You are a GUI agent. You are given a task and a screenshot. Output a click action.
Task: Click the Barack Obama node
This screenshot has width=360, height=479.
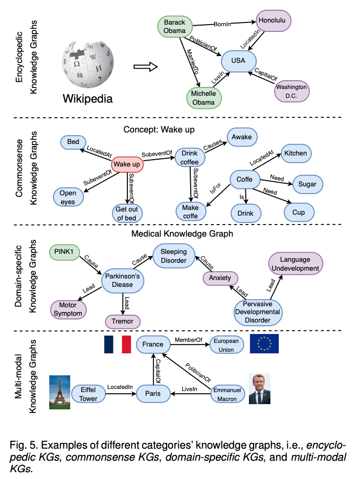175,27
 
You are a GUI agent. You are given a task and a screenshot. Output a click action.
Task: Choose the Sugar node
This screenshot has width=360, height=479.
308,184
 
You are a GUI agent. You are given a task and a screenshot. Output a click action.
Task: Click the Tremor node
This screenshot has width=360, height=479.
122,321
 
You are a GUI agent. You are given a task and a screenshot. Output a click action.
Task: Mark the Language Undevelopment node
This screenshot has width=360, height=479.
294,264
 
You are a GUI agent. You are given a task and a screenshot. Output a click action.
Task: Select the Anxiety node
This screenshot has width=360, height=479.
220,278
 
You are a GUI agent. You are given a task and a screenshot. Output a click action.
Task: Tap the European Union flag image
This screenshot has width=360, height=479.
264,344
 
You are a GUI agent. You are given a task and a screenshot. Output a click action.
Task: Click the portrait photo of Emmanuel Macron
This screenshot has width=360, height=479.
259,389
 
